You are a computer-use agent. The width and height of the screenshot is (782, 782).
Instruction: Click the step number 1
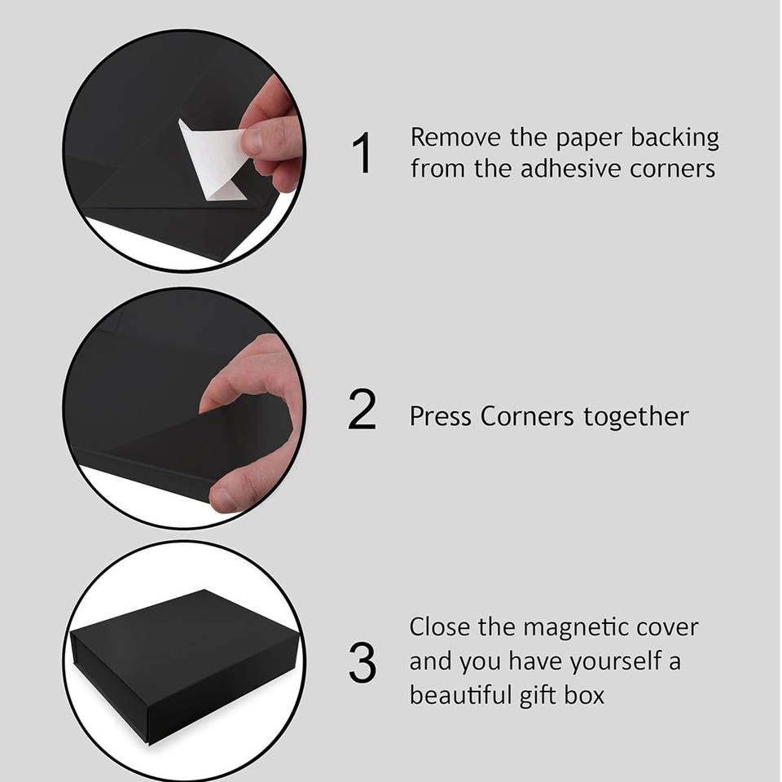click(362, 152)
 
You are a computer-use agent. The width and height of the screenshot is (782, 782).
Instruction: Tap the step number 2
click(362, 409)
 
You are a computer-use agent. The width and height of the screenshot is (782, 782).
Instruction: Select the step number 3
click(362, 662)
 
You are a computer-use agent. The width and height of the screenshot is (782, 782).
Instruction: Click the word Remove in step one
click(455, 138)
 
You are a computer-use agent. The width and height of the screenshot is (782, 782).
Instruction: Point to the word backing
click(675, 138)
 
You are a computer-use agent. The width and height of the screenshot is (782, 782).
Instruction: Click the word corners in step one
click(672, 169)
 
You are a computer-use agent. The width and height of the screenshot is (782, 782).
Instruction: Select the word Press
click(440, 416)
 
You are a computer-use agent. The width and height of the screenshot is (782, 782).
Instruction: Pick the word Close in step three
click(439, 626)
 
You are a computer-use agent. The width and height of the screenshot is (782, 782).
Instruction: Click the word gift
click(537, 696)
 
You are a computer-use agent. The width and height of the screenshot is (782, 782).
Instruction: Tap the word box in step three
click(584, 694)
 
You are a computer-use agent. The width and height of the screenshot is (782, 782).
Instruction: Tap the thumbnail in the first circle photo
click(253, 142)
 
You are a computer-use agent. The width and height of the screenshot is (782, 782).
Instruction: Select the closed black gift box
click(185, 666)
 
